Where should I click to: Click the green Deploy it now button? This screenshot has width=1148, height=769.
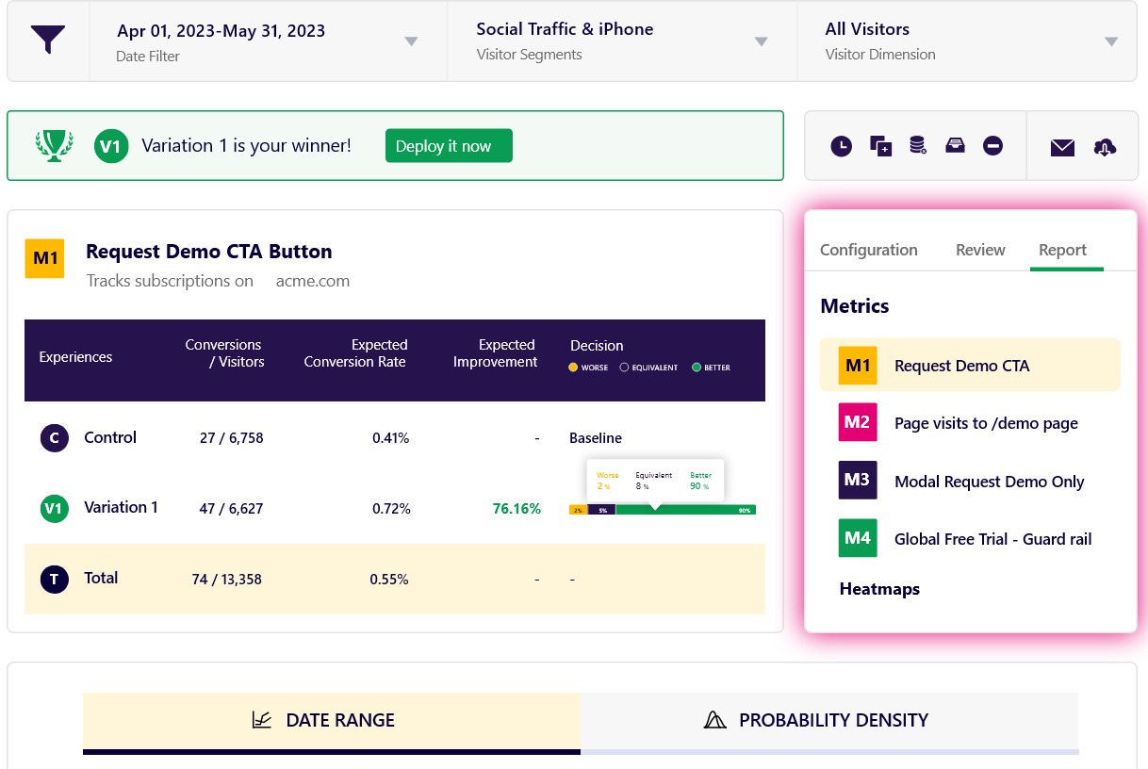tap(449, 146)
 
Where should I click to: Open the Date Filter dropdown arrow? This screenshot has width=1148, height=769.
tap(411, 41)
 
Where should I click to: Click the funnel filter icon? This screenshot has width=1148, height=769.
tap(48, 41)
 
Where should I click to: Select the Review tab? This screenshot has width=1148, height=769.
tap(980, 250)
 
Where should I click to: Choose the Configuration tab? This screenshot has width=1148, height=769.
tap(868, 250)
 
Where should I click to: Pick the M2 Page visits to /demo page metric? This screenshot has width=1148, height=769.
tap(986, 423)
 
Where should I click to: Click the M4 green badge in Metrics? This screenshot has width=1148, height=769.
tap(858, 538)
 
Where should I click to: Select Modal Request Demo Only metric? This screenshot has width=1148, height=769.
tap(989, 482)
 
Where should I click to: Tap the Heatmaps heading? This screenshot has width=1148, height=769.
tap(879, 589)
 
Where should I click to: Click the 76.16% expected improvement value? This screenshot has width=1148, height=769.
tap(517, 509)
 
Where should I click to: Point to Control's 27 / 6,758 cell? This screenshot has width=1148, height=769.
tap(232, 438)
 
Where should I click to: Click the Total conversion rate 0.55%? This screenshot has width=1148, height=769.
tap(389, 580)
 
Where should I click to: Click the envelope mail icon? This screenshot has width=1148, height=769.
tap(1062, 147)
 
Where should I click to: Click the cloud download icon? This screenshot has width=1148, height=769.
tap(1105, 147)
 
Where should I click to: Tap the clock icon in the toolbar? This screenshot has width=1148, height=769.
tap(841, 146)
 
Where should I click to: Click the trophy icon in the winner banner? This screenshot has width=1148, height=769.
tap(54, 146)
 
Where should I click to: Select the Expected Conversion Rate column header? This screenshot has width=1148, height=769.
tap(354, 353)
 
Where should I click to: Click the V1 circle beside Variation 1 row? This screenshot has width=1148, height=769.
tap(54, 509)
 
